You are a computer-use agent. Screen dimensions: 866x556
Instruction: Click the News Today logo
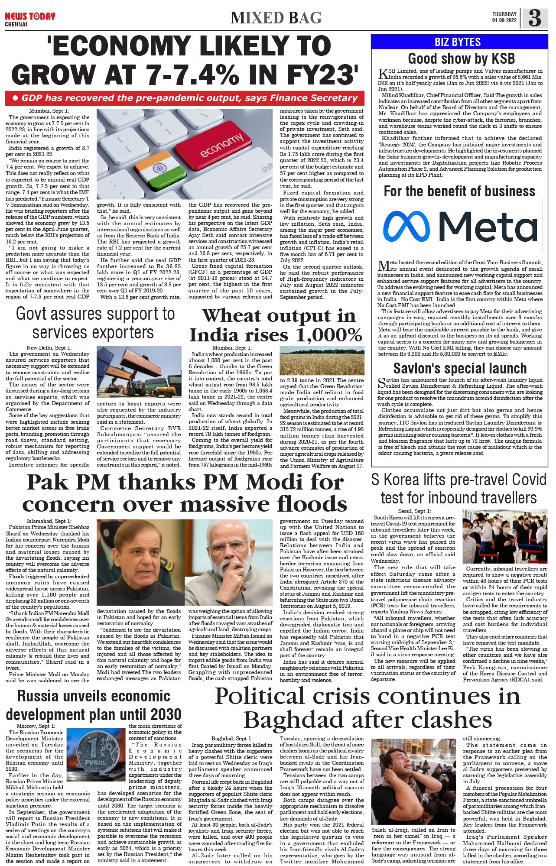click(30, 17)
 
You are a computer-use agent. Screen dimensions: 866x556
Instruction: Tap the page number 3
click(535, 18)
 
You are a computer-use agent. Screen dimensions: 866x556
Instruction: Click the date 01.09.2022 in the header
click(504, 20)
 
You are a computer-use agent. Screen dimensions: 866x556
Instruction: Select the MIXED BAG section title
click(276, 18)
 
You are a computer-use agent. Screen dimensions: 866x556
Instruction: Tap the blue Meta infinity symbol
click(406, 227)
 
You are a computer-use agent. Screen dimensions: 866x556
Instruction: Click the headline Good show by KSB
click(461, 58)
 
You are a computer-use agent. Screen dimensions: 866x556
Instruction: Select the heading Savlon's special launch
click(459, 368)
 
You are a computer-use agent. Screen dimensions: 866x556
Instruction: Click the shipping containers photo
click(139, 372)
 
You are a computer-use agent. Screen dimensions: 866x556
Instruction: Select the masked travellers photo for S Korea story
click(504, 536)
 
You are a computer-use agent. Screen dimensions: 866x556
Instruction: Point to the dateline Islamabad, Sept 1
click(49, 521)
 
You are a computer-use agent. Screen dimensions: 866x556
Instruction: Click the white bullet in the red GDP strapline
click(15, 98)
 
